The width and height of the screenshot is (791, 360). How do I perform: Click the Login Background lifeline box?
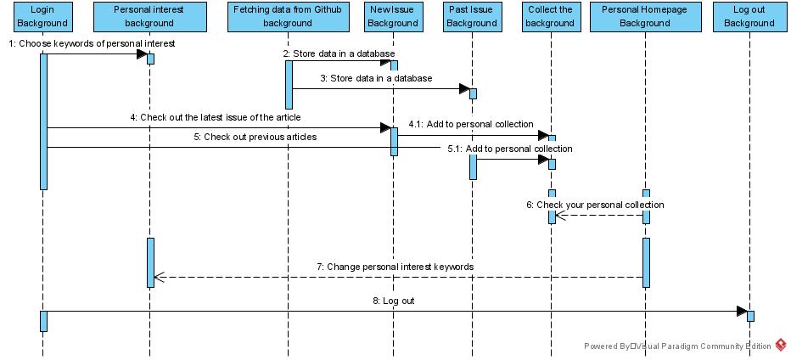[x=42, y=17]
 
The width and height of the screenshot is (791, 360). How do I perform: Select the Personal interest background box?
[x=150, y=17]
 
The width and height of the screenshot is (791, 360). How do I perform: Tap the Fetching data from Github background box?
[x=288, y=17]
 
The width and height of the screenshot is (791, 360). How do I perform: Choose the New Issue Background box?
[x=394, y=17]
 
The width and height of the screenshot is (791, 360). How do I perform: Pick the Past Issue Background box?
[x=472, y=17]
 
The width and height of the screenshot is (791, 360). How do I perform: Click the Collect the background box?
[x=550, y=17]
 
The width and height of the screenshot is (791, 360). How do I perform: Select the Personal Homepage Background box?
[x=645, y=17]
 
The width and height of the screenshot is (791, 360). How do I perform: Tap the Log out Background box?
[x=749, y=17]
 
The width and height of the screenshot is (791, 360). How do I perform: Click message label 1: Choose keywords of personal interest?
[x=92, y=44]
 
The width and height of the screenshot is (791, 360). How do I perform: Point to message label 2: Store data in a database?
[x=339, y=53]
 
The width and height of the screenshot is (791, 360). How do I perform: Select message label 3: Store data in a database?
[x=376, y=78]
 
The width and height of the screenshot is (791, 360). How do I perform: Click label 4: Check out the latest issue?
[x=216, y=118]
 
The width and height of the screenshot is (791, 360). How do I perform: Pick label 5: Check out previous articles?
[x=255, y=137]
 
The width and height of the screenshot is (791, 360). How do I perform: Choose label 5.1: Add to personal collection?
[x=510, y=149]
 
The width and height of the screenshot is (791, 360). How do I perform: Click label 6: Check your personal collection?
[x=595, y=205]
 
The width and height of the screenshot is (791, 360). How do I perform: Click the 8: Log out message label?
[x=394, y=301]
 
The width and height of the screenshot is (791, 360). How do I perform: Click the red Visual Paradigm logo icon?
[x=781, y=346]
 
